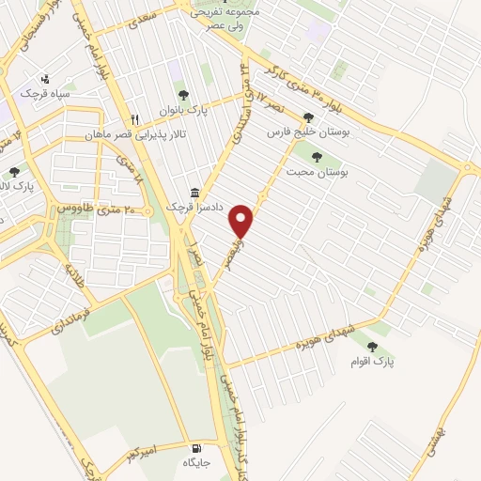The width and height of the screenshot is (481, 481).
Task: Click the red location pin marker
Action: point(242,221)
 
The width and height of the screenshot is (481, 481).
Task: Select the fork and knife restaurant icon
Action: point(134,119)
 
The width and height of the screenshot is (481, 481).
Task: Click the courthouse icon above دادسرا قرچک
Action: point(194,192)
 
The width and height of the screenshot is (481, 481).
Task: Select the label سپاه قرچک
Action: point(46,95)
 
